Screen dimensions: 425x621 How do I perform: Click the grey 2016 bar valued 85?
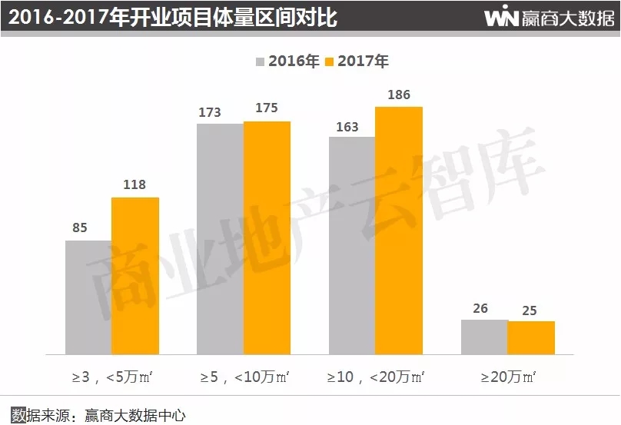click(88, 297)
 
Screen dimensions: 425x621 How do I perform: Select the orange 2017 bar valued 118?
click(135, 276)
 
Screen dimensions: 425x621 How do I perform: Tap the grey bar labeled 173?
click(220, 239)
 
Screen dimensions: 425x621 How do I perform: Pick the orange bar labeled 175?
click(267, 238)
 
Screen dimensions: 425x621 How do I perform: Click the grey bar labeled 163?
click(352, 246)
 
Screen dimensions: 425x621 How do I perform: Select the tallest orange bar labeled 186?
click(399, 231)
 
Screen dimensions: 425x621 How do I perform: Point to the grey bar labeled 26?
click(484, 337)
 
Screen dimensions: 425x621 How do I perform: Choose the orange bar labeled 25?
click(531, 337)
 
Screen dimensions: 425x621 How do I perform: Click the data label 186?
click(399, 95)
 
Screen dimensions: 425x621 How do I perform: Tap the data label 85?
click(80, 228)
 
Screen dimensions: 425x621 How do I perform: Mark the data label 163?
click(347, 127)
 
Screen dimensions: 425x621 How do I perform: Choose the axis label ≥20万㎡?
click(508, 377)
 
